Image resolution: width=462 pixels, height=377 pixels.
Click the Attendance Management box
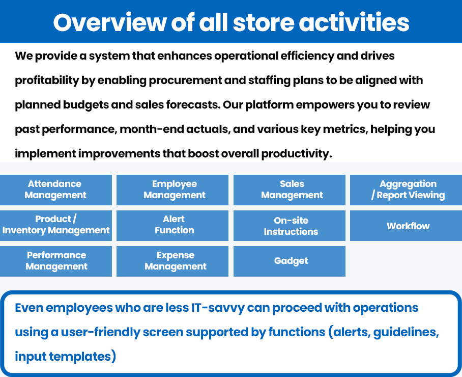(x=55, y=190)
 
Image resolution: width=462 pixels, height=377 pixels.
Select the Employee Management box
(x=172, y=190)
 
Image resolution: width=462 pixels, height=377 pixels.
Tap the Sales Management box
(x=290, y=190)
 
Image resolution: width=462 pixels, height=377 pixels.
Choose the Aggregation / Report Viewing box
(x=406, y=190)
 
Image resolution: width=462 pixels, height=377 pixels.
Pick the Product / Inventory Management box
(x=55, y=225)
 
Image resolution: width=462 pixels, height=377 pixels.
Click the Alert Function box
(x=172, y=225)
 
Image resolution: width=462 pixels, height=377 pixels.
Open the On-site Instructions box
(x=290, y=225)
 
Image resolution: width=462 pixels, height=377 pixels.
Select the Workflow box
(x=406, y=225)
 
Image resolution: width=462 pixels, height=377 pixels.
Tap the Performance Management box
(x=55, y=261)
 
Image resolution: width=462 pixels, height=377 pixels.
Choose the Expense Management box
(x=172, y=261)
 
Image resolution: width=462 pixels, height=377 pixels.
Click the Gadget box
(x=290, y=261)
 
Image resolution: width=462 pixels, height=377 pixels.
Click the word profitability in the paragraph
(x=47, y=80)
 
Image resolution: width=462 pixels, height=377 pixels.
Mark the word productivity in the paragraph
(x=297, y=154)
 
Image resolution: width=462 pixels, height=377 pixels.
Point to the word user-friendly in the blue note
(x=101, y=333)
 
